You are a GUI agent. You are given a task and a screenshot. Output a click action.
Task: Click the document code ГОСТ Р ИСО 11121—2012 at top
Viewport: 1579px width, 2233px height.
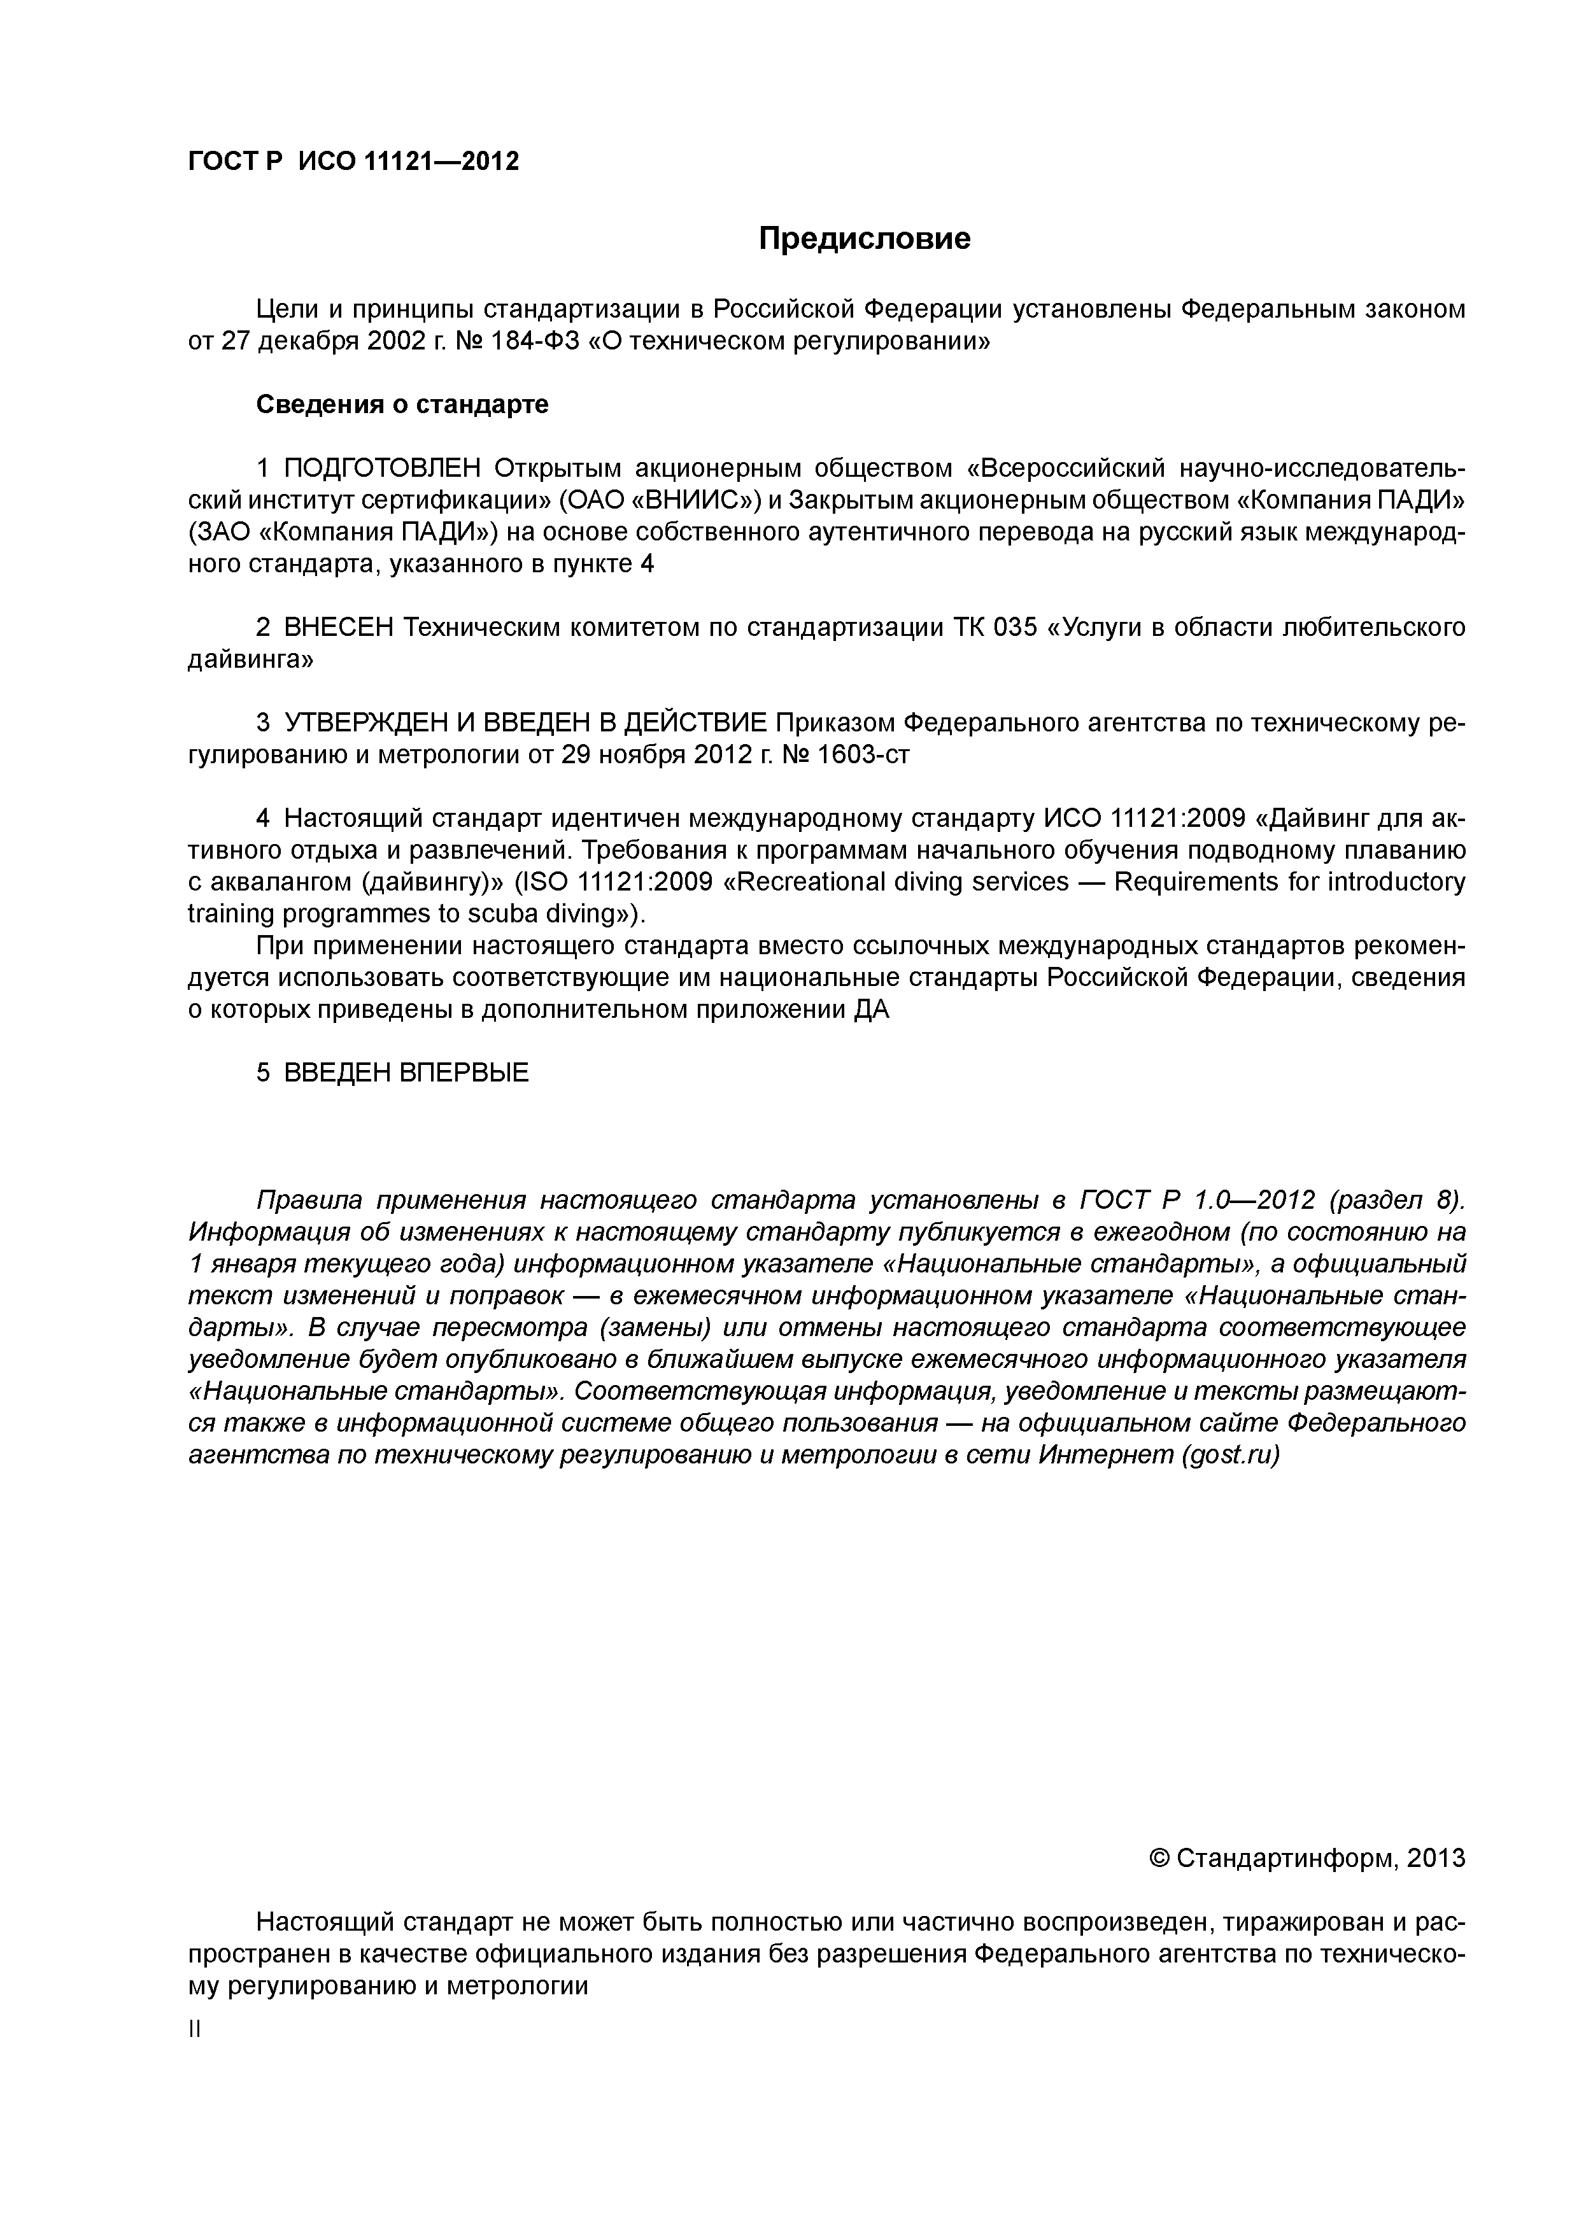(x=353, y=162)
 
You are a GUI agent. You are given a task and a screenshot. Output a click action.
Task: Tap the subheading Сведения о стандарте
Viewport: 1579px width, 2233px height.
(x=402, y=405)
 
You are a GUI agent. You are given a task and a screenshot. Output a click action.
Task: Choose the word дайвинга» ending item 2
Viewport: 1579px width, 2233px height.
(x=250, y=660)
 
